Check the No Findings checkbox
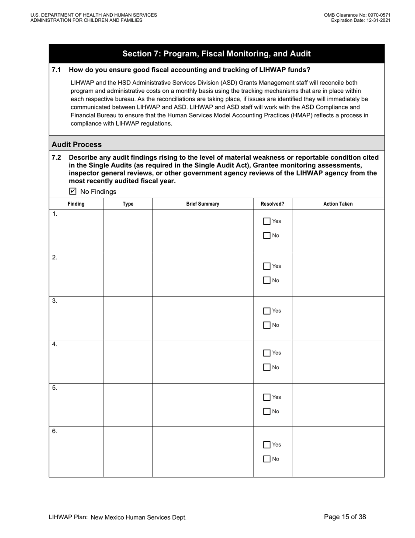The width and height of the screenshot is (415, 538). (73, 191)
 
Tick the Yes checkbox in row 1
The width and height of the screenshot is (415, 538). (267, 221)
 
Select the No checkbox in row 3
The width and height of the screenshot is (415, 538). (267, 325)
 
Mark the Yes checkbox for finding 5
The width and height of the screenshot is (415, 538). (267, 397)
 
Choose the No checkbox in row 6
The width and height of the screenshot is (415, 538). (267, 459)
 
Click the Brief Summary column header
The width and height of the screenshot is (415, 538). (203, 204)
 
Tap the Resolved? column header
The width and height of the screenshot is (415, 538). (272, 204)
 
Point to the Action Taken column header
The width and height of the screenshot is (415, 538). (338, 204)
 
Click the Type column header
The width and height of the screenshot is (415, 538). (128, 204)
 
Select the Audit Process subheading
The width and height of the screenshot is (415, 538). (76, 144)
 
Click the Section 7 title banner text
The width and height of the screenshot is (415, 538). (216, 54)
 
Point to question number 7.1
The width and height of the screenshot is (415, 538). (56, 70)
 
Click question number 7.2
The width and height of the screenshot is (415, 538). (56, 157)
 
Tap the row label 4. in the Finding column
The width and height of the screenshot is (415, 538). (55, 344)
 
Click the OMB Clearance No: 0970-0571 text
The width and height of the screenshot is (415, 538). (357, 15)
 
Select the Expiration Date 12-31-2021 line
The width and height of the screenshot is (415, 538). (360, 20)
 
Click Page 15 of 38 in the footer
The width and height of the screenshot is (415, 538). (345, 517)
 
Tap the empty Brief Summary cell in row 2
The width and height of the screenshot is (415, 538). (203, 274)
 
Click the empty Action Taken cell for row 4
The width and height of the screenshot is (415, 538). (338, 361)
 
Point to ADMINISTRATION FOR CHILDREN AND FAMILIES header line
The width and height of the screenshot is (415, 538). (86, 20)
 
